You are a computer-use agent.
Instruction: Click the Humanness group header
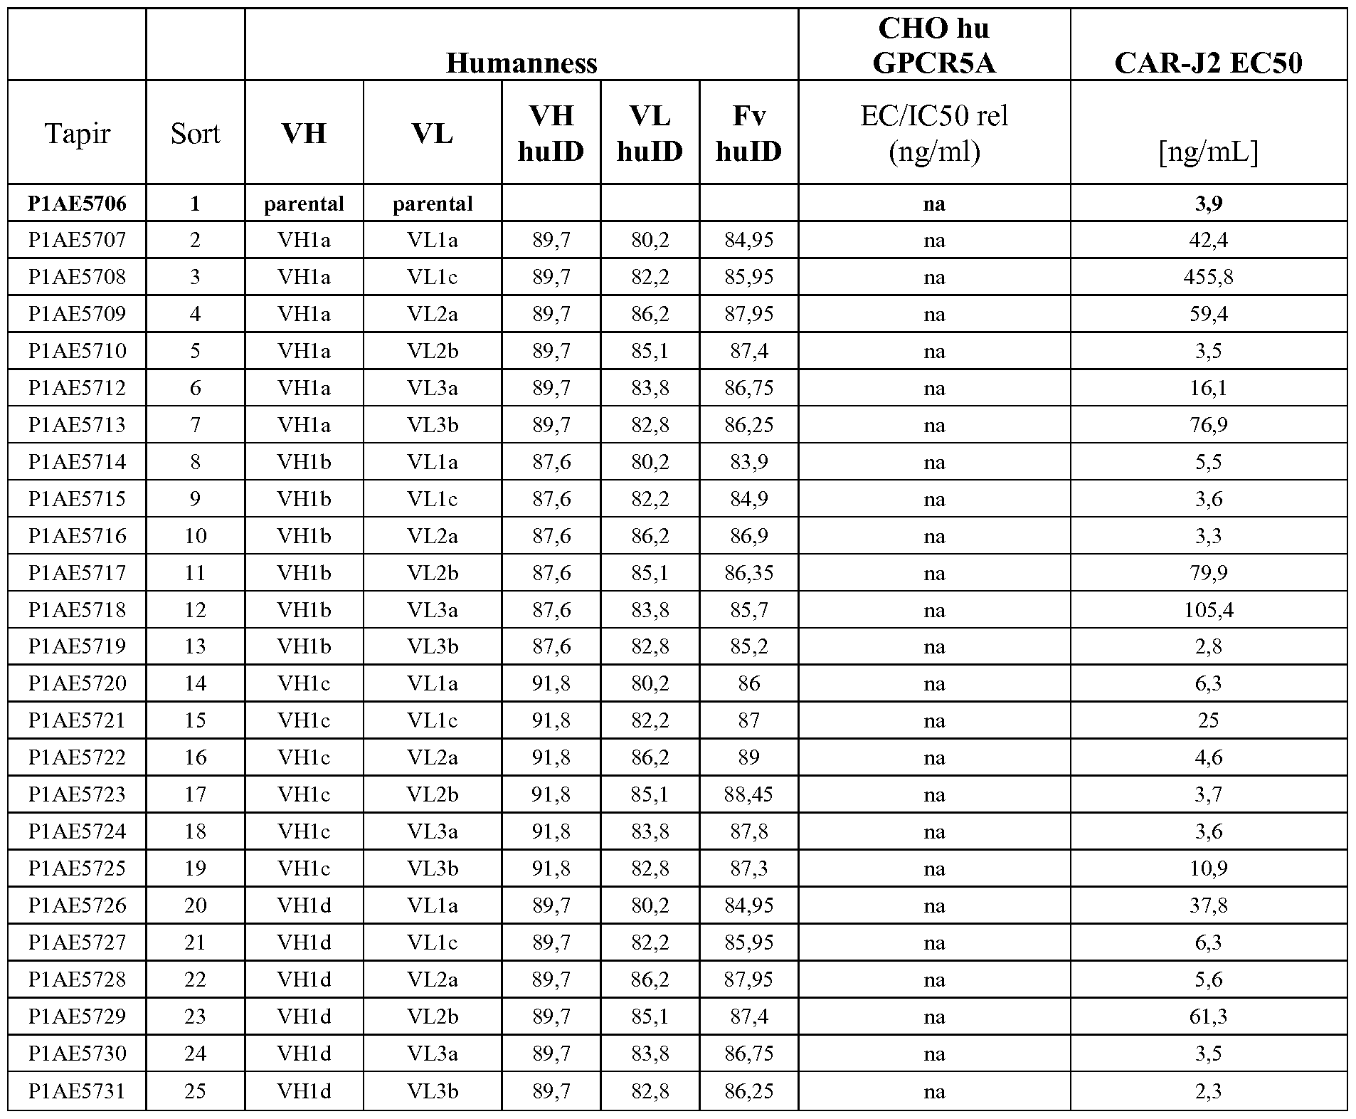(521, 63)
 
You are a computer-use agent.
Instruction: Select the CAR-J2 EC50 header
(1208, 63)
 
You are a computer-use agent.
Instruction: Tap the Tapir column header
(77, 133)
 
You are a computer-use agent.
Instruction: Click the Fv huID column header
(748, 133)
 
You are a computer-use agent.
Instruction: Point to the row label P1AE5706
(77, 204)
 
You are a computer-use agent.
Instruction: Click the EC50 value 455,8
(1208, 277)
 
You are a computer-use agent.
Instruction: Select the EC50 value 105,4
(1208, 610)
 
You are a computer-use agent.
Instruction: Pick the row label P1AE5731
(77, 1091)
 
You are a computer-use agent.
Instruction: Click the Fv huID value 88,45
(748, 794)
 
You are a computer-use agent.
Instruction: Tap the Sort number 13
(195, 646)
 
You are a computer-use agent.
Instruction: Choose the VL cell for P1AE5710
(433, 351)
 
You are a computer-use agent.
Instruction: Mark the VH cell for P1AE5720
(304, 683)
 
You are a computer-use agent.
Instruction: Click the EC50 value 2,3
(1208, 1091)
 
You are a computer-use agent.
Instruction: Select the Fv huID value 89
(748, 757)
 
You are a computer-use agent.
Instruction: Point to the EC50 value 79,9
(1208, 573)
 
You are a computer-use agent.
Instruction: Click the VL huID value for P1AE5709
(650, 314)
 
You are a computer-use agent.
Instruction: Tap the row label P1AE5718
(77, 610)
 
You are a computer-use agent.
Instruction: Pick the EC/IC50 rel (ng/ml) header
(933, 133)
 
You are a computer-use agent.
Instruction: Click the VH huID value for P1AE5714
(551, 462)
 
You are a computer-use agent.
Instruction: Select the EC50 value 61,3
(1208, 1016)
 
